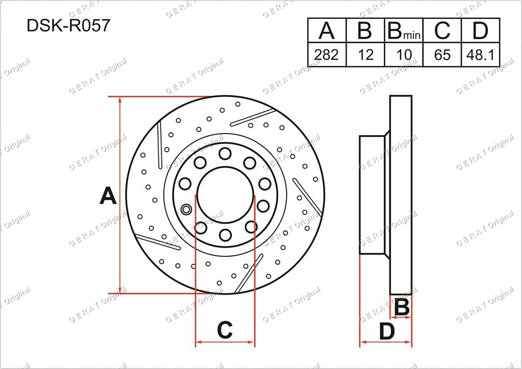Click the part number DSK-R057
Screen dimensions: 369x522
pos(68,26)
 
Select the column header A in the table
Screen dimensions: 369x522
pos(326,31)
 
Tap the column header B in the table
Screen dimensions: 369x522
pos(365,31)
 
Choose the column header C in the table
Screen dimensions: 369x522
pos(442,31)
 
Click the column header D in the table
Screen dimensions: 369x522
pos(480,31)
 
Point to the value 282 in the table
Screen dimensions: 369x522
pos(326,55)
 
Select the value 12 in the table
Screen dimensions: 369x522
pos(365,55)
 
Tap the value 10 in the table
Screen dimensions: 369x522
pos(403,55)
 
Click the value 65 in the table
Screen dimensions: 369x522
pos(442,55)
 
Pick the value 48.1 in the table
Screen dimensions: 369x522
pos(480,55)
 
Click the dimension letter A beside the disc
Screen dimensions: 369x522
pos(108,196)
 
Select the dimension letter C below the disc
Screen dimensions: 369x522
pos(225,330)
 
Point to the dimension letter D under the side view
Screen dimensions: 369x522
pos(387,332)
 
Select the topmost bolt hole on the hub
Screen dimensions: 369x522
pos(224,154)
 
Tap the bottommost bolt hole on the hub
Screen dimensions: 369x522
pos(225,234)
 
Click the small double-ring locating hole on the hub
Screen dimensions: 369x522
pos(186,208)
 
